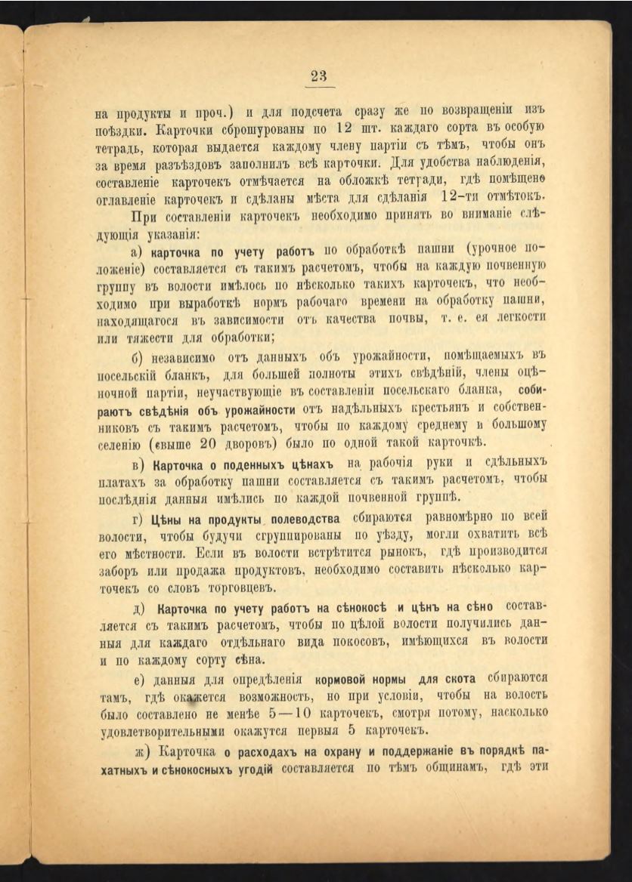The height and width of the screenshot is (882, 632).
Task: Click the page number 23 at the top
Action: [x=318, y=76]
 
